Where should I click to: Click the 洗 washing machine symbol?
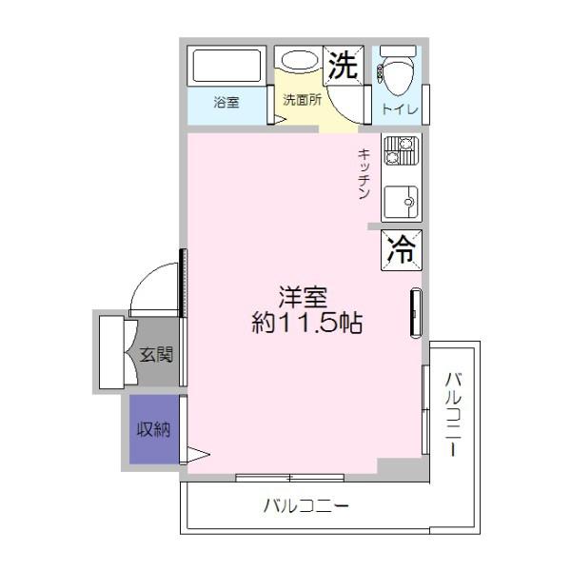342,65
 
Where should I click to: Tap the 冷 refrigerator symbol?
402,249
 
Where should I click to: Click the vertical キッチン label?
364,174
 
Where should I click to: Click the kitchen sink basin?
401,202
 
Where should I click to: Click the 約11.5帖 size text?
305,323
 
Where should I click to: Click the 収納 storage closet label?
152,429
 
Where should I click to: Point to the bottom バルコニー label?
305,505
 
